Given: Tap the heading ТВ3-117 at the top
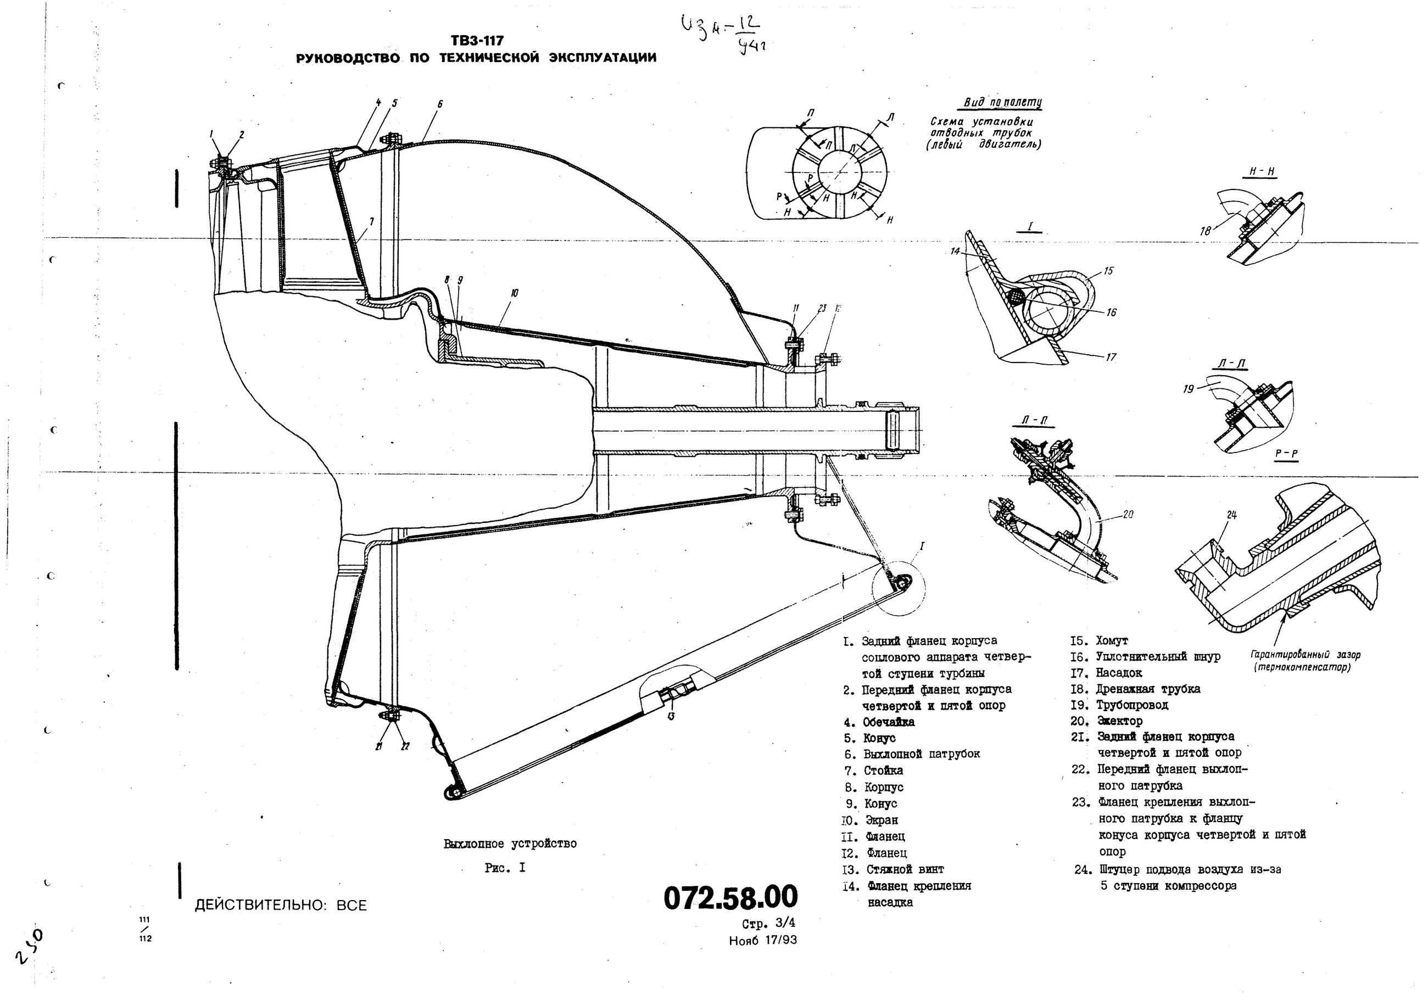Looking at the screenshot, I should click(x=477, y=41).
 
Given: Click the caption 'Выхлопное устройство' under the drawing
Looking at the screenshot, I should click(x=510, y=844).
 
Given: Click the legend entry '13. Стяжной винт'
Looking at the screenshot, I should click(x=893, y=869).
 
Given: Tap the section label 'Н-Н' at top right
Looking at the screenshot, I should click(x=1263, y=171).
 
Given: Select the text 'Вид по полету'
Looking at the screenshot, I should click(x=1002, y=103).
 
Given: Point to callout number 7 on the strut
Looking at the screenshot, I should click(x=371, y=221).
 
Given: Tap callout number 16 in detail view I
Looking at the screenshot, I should click(x=1112, y=312).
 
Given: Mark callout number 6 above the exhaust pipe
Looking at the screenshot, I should click(x=440, y=104).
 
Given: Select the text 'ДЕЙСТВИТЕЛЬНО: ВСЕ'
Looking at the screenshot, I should click(x=281, y=906).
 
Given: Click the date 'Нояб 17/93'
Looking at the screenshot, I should click(x=762, y=940).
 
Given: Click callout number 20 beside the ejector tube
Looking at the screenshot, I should click(x=1129, y=515).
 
